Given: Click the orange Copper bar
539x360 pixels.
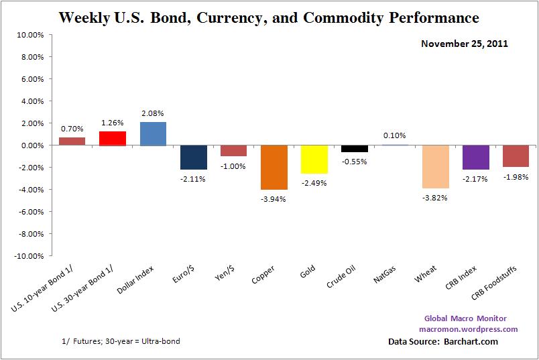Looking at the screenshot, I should pos(274,167).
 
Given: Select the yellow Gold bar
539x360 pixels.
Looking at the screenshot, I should pos(314,159).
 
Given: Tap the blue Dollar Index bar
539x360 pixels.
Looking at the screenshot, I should pos(153,133).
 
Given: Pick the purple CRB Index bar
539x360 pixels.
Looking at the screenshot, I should pos(475,157).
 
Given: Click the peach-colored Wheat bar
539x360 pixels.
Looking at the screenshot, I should pos(435,166).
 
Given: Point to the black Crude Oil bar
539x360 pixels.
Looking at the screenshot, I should pos(354,148).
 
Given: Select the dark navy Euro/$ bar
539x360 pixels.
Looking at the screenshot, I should pos(193,157).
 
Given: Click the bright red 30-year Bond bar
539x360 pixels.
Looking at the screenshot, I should pos(113,138).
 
